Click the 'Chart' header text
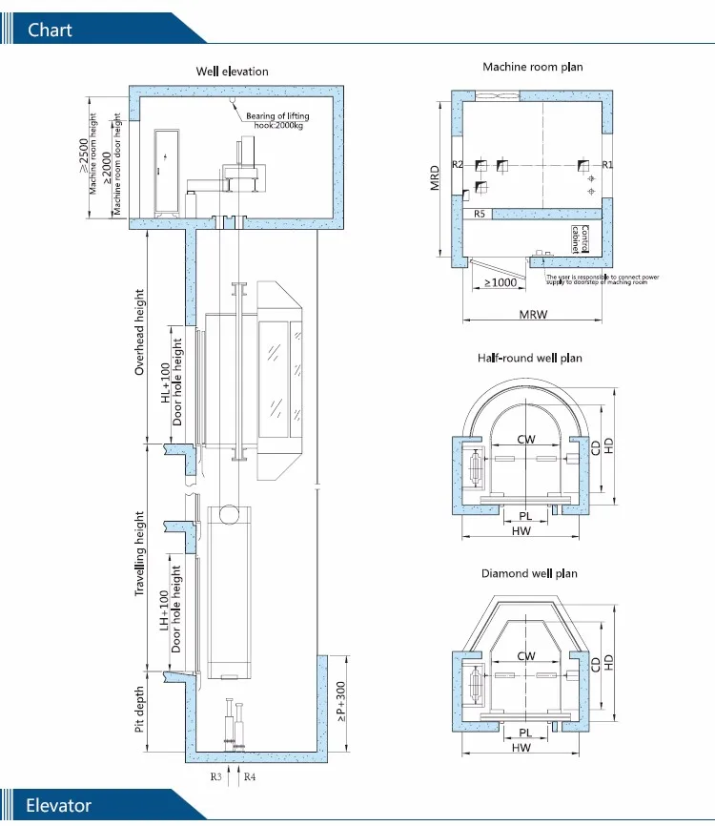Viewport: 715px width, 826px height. coord(51,30)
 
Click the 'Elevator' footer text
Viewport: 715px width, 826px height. coord(59,805)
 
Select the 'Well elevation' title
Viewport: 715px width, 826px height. coord(232,72)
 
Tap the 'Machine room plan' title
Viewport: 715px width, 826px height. coord(532,67)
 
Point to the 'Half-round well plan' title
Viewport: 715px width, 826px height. coord(529,358)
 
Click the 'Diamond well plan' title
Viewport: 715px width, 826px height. coord(529,573)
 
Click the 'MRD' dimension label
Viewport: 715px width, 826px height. coord(435,178)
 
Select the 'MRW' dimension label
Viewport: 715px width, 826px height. coord(533,314)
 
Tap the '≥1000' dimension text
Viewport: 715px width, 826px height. coord(500,283)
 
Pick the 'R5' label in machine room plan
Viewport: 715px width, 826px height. coord(480,215)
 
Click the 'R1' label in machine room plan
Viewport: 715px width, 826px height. coord(607,165)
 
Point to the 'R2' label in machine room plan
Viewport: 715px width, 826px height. coord(458,165)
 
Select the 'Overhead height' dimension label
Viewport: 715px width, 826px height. coord(139,331)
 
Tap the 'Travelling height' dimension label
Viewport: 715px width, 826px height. coord(139,554)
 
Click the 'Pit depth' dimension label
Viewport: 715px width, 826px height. coord(139,711)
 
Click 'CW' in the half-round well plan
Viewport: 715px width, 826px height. coord(525,440)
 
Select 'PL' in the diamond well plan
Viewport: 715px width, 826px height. coord(525,733)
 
